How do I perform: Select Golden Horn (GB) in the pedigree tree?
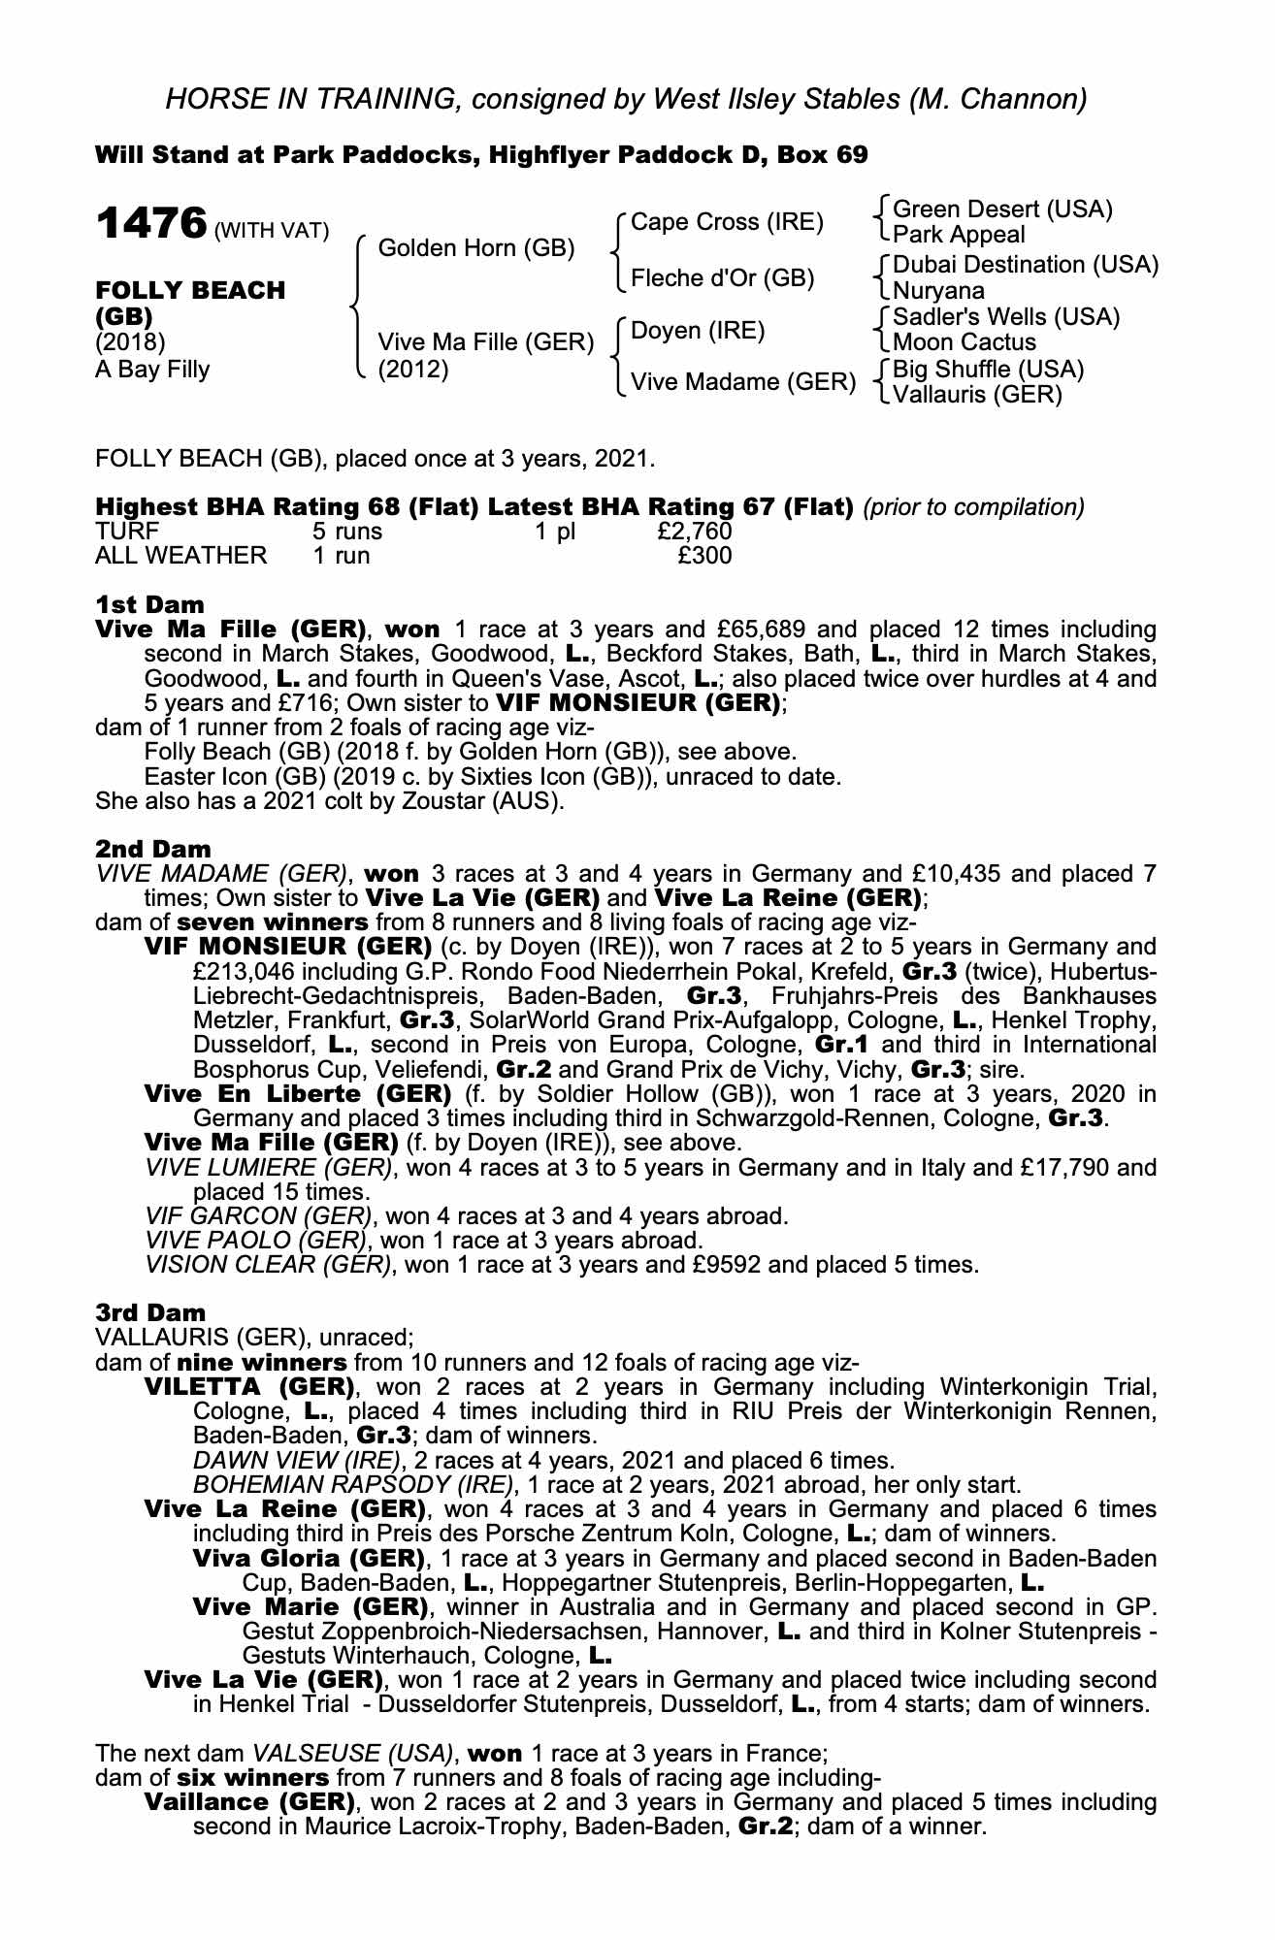(x=475, y=248)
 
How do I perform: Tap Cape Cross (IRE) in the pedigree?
(x=726, y=222)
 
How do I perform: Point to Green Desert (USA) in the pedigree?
(x=1001, y=210)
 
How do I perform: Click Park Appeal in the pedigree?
(x=958, y=235)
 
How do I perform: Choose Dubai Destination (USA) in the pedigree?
(x=1025, y=265)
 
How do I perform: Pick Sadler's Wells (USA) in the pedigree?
(x=1005, y=317)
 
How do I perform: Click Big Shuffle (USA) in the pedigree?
(x=988, y=370)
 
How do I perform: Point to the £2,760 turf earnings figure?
(x=694, y=532)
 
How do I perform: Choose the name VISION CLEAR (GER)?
(x=269, y=1265)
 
